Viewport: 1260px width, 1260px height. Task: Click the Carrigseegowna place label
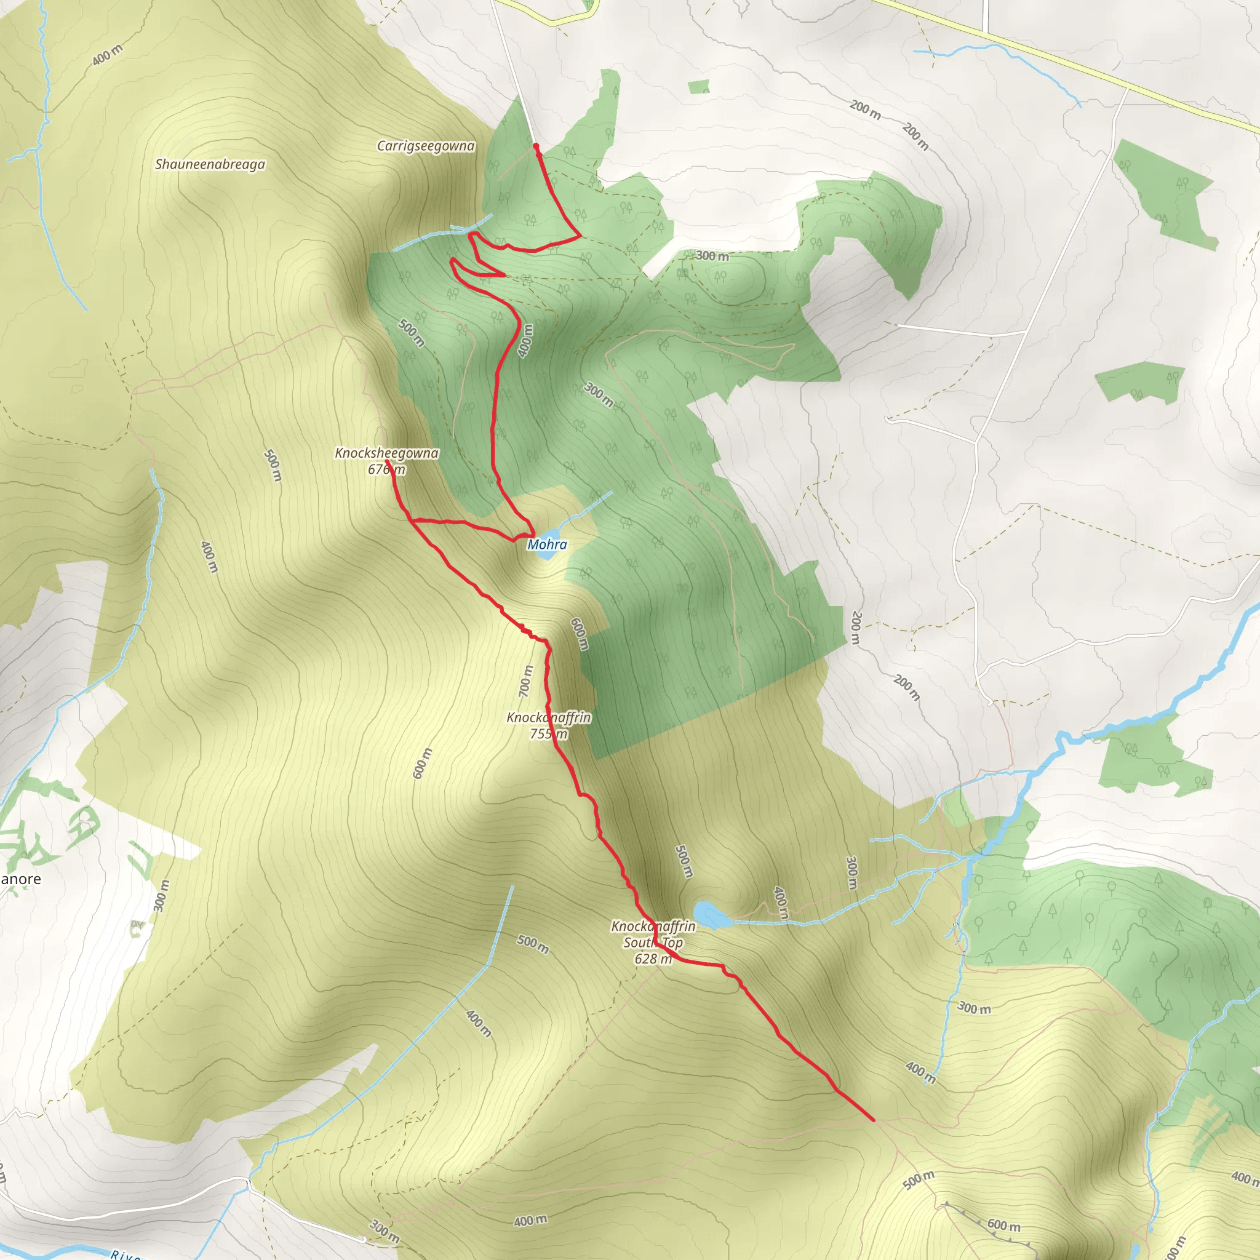click(x=425, y=145)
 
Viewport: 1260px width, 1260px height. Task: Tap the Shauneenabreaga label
click(x=210, y=164)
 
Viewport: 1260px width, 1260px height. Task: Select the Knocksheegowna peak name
click(x=386, y=453)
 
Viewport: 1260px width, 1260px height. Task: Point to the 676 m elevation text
click(x=386, y=469)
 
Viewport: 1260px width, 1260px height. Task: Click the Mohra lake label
click(x=546, y=544)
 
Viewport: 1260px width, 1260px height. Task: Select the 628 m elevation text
click(x=652, y=959)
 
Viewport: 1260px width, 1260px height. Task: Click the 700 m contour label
click(x=525, y=680)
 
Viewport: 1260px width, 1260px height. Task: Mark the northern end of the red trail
click(x=535, y=145)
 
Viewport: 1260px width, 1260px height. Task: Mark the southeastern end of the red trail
click(x=872, y=1120)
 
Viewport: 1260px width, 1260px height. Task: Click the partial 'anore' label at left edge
click(x=20, y=879)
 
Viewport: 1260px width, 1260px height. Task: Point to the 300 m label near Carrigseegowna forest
click(x=712, y=256)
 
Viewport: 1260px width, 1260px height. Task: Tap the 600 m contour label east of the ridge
click(x=579, y=633)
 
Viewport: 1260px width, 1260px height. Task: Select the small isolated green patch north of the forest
click(x=698, y=86)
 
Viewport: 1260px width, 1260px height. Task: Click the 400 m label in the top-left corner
click(x=107, y=55)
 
